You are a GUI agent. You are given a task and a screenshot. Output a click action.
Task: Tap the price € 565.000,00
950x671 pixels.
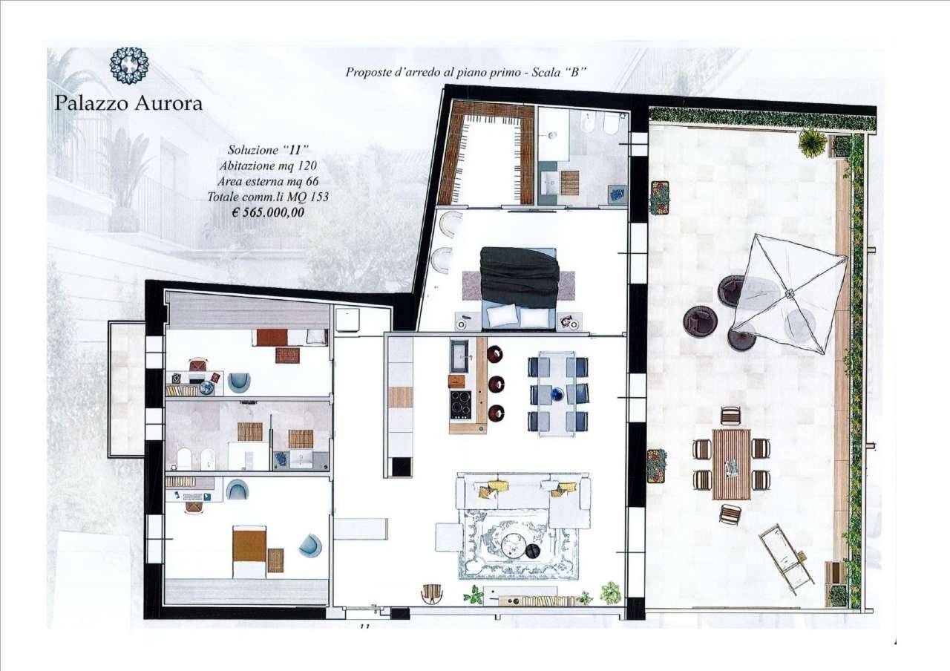(268, 212)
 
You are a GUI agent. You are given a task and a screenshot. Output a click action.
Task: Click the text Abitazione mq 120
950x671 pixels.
(268, 166)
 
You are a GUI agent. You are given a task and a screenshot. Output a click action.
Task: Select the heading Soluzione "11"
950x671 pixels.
(268, 150)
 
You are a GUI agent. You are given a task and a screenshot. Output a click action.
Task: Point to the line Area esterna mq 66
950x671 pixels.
(268, 181)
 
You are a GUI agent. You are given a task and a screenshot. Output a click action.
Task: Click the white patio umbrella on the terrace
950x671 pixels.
(790, 293)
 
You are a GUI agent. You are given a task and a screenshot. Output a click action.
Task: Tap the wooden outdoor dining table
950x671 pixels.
(732, 465)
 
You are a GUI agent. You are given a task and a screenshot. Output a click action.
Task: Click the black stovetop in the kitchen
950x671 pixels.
(461, 405)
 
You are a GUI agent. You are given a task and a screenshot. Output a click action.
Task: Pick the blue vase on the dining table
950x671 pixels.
(557, 394)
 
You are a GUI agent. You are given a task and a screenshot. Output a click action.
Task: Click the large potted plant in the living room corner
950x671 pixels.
(611, 592)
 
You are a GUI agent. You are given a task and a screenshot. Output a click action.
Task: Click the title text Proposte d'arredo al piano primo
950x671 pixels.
(433, 72)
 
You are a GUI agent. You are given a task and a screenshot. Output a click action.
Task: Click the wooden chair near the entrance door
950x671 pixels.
(433, 592)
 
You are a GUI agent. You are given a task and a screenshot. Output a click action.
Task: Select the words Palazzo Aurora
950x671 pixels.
(128, 103)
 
